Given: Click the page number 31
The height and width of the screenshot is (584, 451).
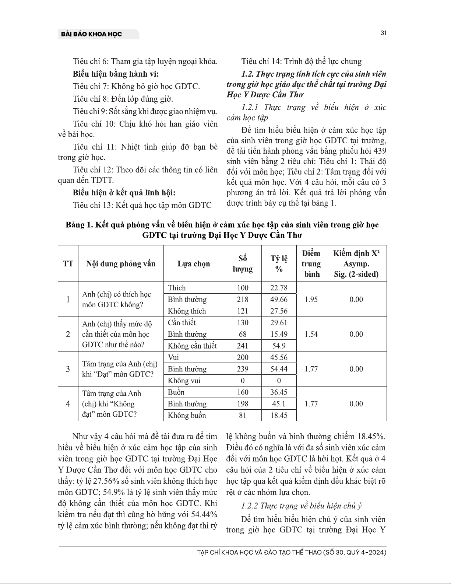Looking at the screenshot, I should click(383, 33).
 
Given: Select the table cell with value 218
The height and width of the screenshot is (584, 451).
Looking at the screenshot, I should click(243, 299).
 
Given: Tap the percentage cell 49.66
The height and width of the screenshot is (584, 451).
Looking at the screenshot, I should click(279, 299).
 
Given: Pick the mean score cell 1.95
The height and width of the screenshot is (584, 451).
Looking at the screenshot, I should click(311, 299).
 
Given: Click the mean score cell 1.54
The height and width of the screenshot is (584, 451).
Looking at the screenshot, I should click(311, 334).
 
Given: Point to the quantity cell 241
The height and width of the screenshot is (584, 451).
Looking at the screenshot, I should click(243, 346).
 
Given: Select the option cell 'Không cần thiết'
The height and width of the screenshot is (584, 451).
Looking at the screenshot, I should click(192, 346).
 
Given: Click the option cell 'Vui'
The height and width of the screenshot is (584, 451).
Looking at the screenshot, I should click(173, 357).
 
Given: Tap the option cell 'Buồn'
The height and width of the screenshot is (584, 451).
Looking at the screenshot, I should click(176, 392).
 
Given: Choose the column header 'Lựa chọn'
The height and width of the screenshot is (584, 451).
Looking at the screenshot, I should click(194, 264).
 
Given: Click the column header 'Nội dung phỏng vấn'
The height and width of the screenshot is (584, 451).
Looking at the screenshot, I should click(121, 264).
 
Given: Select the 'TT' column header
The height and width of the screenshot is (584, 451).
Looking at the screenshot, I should click(68, 264).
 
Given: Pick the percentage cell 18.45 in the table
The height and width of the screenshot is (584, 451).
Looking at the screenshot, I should click(279, 415).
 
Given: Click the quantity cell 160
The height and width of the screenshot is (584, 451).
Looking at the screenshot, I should click(243, 392).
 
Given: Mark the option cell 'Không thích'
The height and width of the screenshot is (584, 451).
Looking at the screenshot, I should click(187, 311).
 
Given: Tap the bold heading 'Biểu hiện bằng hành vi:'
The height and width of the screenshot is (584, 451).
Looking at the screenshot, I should click(116, 74).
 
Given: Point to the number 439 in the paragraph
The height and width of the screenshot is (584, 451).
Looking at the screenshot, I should click(380, 151).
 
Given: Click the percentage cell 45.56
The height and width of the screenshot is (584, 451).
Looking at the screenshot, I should click(279, 357).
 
